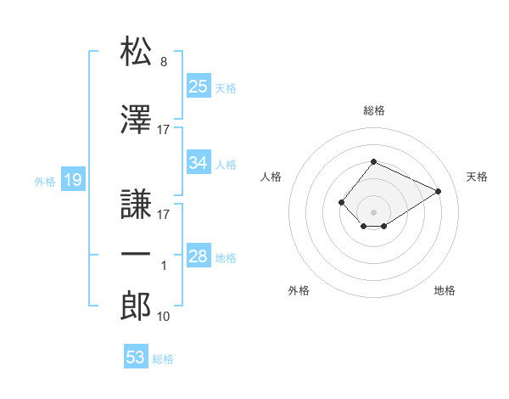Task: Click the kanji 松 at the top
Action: pos(136,51)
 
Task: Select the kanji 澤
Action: pos(136,119)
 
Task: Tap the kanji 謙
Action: pos(136,204)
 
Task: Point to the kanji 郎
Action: pos(136,306)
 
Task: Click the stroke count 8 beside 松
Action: pos(164,62)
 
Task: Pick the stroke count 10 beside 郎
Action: pos(163,317)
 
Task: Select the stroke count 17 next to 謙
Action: pos(163,215)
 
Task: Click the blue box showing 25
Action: pos(199,86)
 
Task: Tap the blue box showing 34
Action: pos(199,162)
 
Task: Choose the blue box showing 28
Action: pos(199,255)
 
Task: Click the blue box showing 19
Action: pos(73,179)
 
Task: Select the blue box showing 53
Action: pos(136,356)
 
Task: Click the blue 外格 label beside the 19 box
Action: pos(45,182)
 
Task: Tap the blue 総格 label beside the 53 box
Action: pos(163,359)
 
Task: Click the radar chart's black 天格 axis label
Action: pos(477,177)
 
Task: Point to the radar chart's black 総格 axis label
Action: pos(374,110)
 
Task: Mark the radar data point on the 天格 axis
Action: pos(438,191)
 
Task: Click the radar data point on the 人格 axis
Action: pos(341,202)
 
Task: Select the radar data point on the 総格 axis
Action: pos(373,161)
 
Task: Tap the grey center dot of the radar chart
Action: pos(373,212)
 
